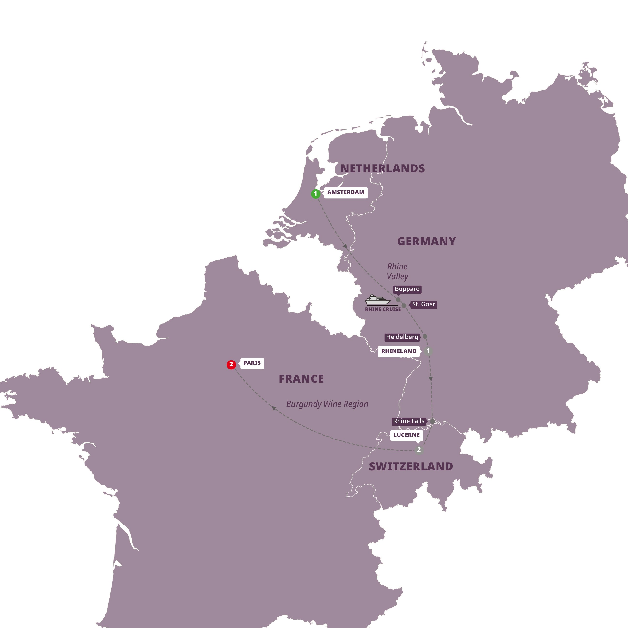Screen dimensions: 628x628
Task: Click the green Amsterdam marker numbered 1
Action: [315, 194]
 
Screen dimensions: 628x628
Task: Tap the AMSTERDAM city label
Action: [345, 192]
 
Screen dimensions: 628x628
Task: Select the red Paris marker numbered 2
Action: [231, 364]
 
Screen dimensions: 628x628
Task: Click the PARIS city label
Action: [252, 363]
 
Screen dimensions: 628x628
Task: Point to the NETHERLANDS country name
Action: [383, 168]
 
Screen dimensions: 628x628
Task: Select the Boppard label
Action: [407, 289]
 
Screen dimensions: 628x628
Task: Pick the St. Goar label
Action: [423, 305]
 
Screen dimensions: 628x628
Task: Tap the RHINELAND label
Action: [399, 351]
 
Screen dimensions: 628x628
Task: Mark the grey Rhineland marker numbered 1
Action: [428, 351]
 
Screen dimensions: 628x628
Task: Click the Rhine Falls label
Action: [408, 421]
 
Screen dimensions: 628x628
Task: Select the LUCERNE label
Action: [406, 435]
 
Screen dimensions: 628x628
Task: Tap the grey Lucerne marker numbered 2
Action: [419, 450]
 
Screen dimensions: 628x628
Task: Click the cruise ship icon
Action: [377, 299]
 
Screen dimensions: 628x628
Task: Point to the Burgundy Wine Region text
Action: [327, 404]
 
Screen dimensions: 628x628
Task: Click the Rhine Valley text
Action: [397, 271]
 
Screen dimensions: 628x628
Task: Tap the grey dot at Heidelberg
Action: [424, 337]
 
